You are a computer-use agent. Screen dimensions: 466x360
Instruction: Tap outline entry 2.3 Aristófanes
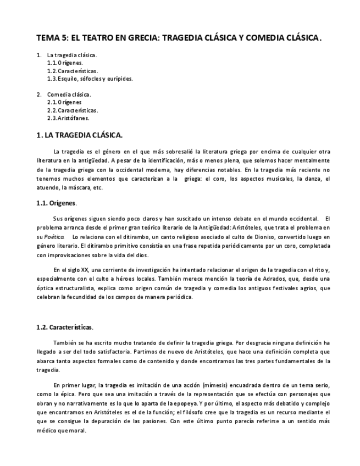(x=68, y=118)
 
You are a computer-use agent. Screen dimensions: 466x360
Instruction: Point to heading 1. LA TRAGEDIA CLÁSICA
(x=79, y=135)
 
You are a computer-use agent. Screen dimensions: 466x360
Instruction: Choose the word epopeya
(x=190, y=403)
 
